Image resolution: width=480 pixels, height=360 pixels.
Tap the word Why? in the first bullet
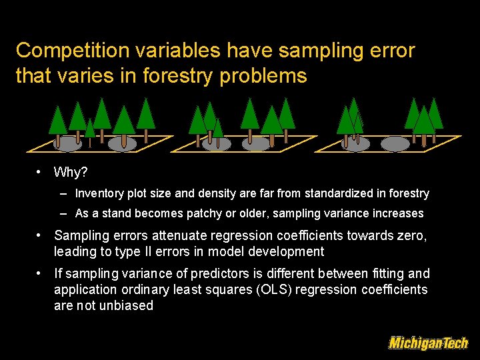point(71,173)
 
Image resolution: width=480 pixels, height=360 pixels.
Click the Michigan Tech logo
point(428,343)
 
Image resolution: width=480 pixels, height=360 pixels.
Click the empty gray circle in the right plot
point(395,144)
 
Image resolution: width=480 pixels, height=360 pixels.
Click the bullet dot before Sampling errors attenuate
point(41,235)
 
